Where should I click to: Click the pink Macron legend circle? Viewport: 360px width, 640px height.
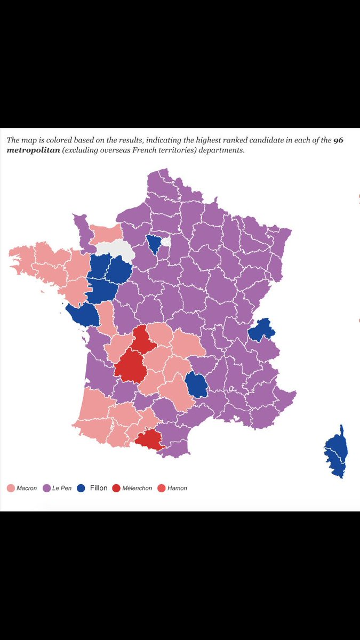(11, 488)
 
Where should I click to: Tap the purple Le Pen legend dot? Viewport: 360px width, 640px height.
(46, 488)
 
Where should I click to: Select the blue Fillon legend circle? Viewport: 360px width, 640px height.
(81, 488)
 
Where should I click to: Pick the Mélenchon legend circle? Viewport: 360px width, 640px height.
(116, 488)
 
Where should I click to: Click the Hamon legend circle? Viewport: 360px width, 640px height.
(162, 488)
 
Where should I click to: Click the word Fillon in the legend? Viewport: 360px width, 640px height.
(99, 487)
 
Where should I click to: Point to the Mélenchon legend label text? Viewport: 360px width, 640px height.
(137, 488)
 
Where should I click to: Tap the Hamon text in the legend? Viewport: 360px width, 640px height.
(177, 488)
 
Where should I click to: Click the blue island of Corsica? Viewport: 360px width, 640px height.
(337, 452)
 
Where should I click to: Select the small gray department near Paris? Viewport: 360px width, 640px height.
(166, 242)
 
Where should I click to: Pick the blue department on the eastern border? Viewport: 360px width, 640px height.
(262, 330)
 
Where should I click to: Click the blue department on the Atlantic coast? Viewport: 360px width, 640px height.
(82, 315)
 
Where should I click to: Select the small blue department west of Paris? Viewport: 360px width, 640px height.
(154, 244)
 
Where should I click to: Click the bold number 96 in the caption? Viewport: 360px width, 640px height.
(338, 140)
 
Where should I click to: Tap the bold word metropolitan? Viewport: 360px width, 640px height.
(33, 150)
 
